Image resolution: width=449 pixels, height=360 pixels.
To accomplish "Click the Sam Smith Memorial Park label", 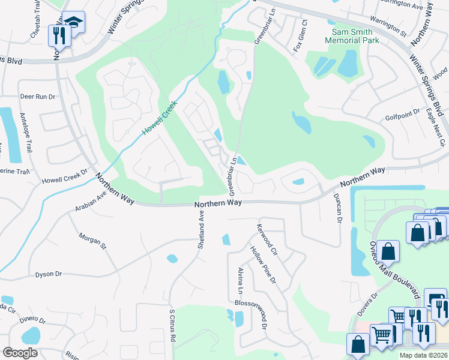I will click(352, 35).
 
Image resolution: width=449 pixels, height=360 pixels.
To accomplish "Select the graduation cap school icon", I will click(74, 23).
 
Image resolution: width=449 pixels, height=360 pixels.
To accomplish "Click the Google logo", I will click(20, 353).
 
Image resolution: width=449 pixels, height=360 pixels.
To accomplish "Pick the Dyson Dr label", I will click(48, 274).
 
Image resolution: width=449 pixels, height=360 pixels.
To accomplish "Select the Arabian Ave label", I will click(91, 202).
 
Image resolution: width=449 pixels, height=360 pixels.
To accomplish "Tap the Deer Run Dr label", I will click(37, 96).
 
